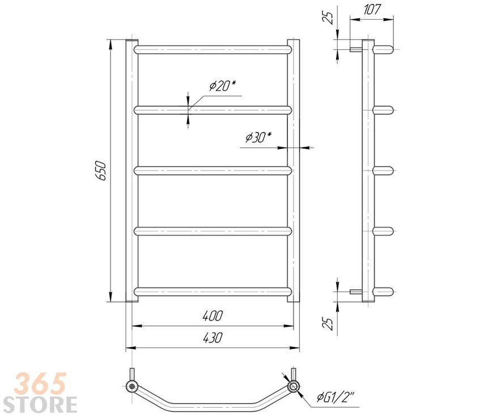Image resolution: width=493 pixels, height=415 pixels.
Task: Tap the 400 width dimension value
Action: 212,316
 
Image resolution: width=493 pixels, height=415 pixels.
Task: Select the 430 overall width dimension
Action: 212,337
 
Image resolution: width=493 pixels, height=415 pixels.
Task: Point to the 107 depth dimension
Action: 372,10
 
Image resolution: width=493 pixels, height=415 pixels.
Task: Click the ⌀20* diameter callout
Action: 223,85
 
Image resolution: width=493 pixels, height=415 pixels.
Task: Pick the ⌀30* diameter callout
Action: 258,137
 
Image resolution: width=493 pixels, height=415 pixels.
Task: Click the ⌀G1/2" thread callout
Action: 335,398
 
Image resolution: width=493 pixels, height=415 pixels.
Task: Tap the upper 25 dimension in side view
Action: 328,18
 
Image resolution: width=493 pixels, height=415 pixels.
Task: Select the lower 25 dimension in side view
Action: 328,324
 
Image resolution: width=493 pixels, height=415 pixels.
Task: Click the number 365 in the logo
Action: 40,383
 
